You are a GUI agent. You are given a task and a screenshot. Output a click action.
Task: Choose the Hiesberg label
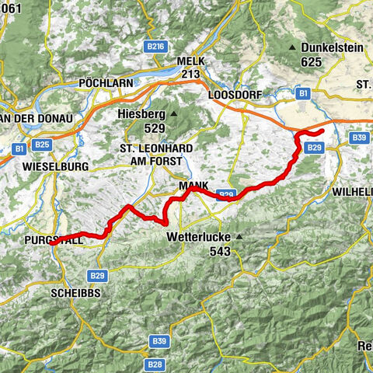142,114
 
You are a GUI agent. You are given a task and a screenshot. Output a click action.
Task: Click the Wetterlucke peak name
198,237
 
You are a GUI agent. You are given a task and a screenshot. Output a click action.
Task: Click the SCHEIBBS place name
76,294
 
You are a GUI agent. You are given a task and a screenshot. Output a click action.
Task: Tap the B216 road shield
156,47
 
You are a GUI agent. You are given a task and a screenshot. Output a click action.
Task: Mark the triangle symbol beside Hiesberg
175,114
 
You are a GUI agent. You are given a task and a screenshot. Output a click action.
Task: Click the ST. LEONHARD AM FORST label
151,154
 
